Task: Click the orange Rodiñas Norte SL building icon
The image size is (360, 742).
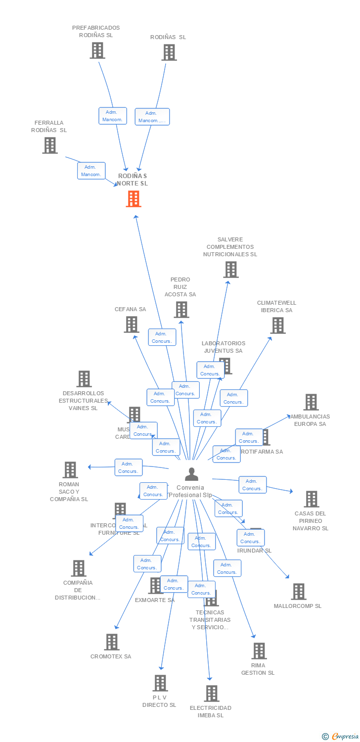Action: click(134, 198)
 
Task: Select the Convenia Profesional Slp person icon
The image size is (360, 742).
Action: click(191, 474)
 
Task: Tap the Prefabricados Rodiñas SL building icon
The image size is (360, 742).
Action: click(97, 50)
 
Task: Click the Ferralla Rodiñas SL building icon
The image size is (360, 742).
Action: click(50, 145)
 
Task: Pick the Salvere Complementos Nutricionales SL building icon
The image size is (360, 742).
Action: click(230, 270)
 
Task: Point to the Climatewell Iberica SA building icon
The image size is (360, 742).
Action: click(278, 325)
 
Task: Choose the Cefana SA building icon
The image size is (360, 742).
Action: click(131, 325)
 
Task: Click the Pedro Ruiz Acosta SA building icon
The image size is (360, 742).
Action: click(181, 310)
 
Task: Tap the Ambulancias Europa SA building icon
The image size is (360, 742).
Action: click(311, 402)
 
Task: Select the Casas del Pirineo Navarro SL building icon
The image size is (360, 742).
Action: click(311, 499)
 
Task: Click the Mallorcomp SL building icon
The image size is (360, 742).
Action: click(298, 592)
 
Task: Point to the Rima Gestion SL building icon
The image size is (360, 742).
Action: click(259, 651)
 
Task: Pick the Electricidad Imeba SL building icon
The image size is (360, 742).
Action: click(212, 694)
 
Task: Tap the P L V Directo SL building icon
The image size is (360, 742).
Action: click(160, 683)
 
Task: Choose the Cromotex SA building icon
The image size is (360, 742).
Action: click(112, 642)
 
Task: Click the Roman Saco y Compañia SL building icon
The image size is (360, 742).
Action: click(70, 470)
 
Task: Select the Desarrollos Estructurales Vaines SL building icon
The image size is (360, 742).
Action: click(84, 379)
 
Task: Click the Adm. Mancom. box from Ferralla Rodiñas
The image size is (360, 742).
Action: click(91, 171)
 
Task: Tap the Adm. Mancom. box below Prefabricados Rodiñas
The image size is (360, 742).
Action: click(113, 116)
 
